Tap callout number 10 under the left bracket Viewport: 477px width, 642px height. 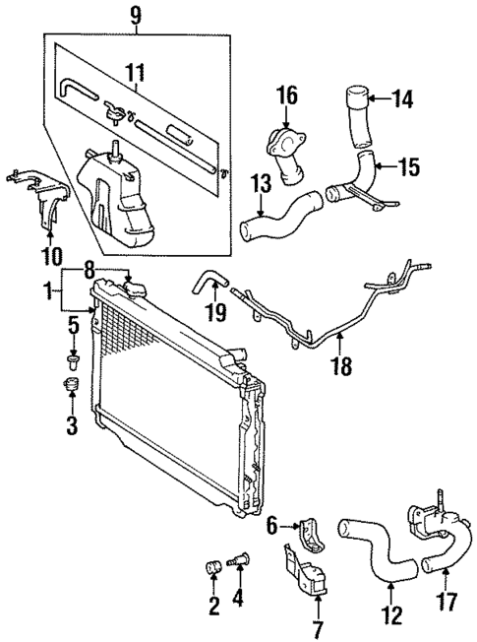[x=50, y=257]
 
